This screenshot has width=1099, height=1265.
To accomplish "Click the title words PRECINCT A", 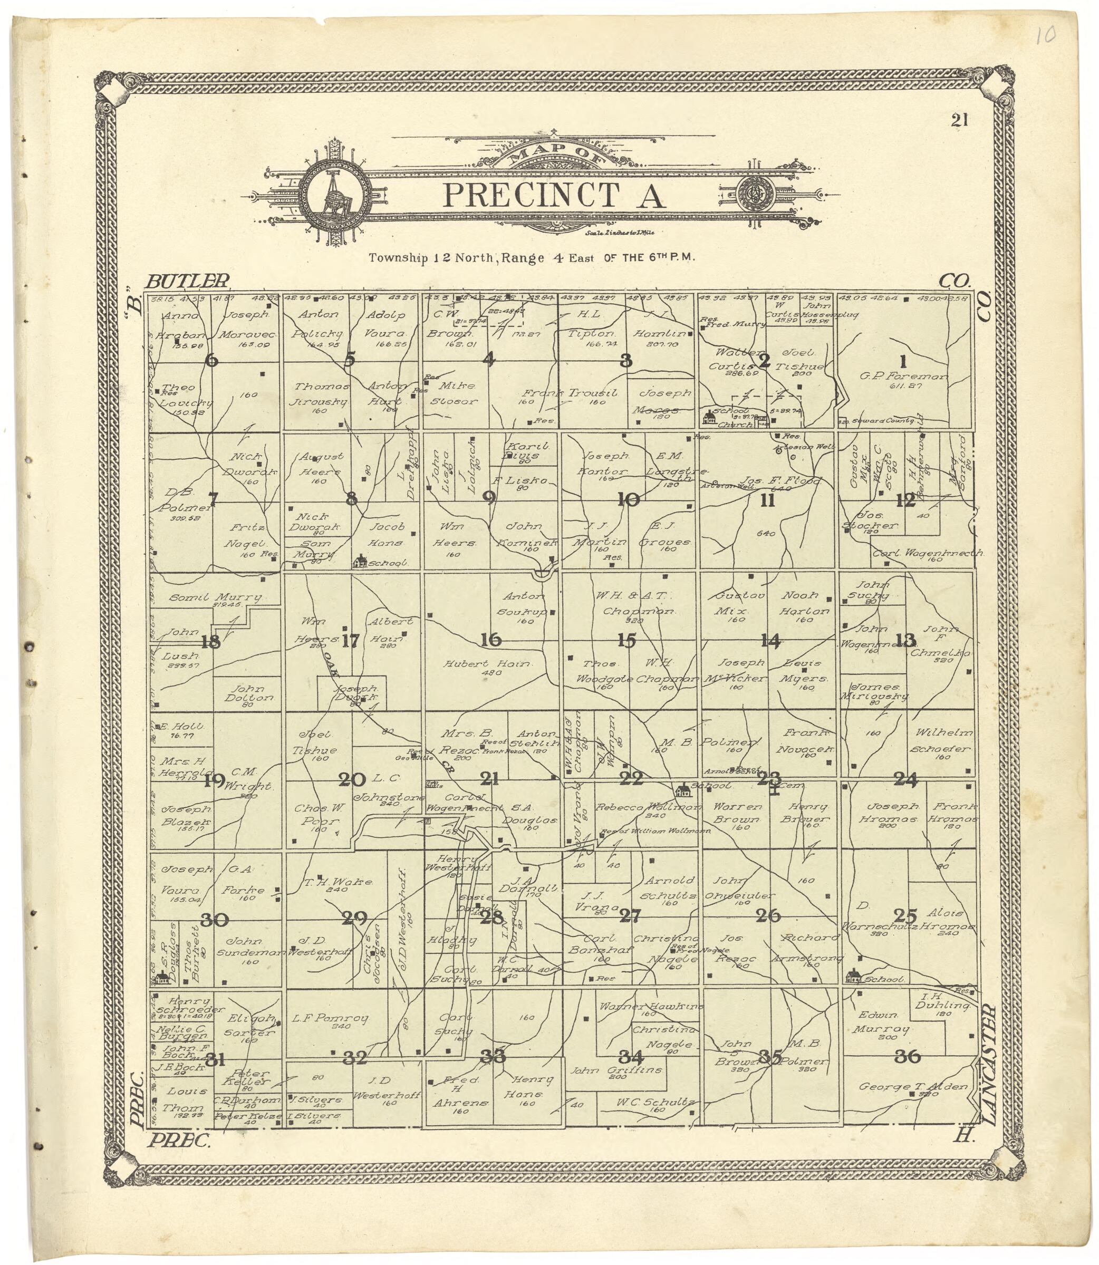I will pos(554,195).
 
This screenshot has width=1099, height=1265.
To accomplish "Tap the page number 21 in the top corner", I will pos(959,120).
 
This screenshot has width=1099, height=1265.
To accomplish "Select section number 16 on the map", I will pos(490,640).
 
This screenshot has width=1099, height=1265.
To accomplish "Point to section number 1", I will pos(902,361).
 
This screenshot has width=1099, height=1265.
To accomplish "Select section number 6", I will pos(211,360).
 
